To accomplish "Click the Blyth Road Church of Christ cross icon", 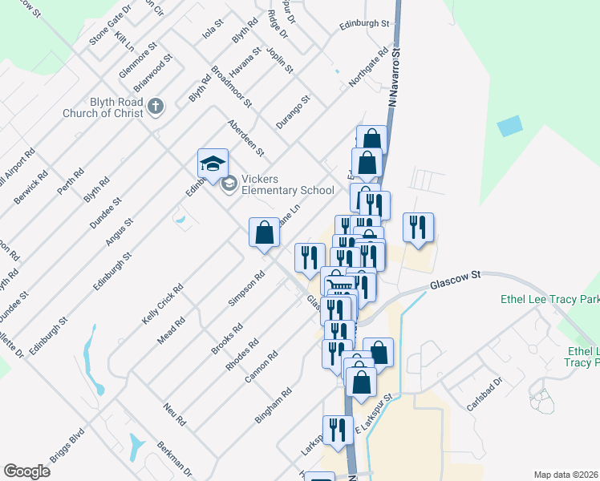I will coord(156,104).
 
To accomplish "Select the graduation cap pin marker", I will coord(213,164).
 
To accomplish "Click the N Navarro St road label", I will coord(394,78).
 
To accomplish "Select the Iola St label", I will coord(211,30).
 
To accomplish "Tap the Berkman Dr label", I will coord(174,458).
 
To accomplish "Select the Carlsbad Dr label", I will coord(485,390).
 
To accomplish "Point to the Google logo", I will coord(26,471).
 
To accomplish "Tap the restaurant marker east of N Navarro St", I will coord(418,228).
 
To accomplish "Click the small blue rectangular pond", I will coord(509,126).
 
